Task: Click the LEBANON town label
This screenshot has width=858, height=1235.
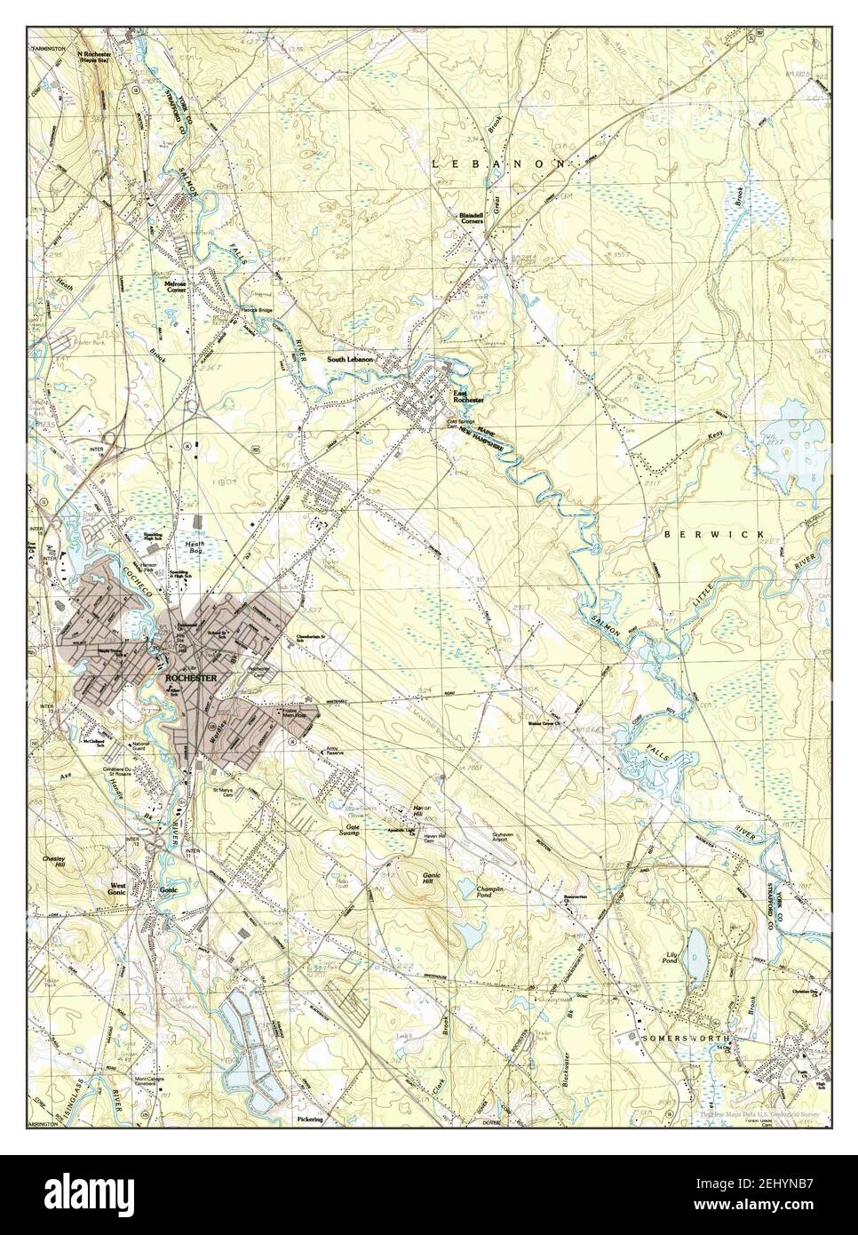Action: pos(499,163)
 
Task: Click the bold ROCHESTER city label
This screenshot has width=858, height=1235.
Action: pos(191,678)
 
